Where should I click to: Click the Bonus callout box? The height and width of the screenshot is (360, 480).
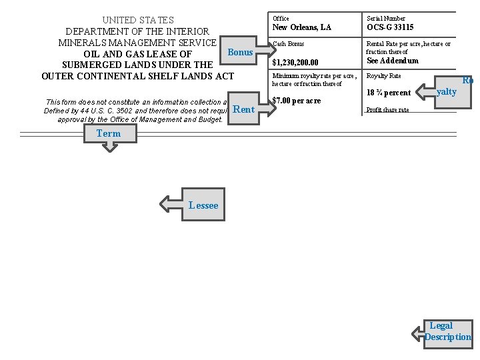(241, 52)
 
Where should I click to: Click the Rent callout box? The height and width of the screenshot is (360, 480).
(244, 109)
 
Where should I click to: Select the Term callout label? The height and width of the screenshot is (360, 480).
(109, 133)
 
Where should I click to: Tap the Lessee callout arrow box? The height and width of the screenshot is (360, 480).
(203, 205)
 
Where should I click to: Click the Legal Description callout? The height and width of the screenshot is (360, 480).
(448, 332)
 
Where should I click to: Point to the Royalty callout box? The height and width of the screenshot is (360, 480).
(450, 91)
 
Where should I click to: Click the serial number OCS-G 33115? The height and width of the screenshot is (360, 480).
(390, 27)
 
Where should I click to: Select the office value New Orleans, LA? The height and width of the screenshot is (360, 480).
(301, 27)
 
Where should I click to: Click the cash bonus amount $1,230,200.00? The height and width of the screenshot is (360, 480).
(300, 63)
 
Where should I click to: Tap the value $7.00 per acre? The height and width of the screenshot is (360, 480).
(297, 101)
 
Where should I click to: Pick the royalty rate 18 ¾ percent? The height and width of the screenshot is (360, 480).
(389, 93)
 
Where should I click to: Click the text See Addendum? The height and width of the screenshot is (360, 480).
(393, 61)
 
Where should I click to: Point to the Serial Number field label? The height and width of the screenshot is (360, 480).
(386, 18)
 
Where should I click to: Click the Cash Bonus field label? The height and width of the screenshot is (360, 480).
(288, 44)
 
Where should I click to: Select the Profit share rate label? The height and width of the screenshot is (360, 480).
(388, 109)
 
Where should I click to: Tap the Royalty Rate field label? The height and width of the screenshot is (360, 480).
(384, 76)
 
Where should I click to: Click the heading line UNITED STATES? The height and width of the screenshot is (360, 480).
(138, 20)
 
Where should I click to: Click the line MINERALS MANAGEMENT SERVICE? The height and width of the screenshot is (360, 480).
(137, 42)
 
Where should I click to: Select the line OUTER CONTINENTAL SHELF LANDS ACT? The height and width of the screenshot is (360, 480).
(138, 76)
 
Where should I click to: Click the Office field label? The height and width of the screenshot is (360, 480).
(281, 18)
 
